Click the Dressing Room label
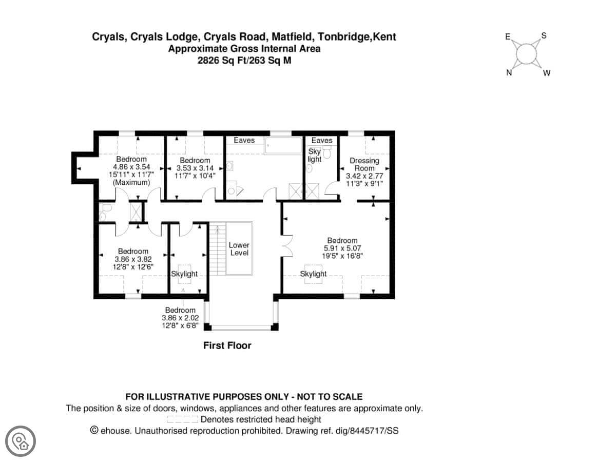pyautogui.click(x=364, y=164)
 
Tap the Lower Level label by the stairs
pyautogui.click(x=239, y=249)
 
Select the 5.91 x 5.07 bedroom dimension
pyautogui.click(x=342, y=248)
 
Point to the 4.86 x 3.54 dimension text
pyautogui.click(x=131, y=167)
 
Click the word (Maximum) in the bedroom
pyautogui.click(x=131, y=183)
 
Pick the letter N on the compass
pyautogui.click(x=509, y=73)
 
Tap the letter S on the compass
pyautogui.click(x=544, y=35)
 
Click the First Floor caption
pyautogui.click(x=227, y=345)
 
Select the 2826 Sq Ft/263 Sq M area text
pyautogui.click(x=244, y=60)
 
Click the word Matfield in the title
pyautogui.click(x=292, y=37)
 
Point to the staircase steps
pyautogui.click(x=218, y=248)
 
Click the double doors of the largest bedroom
pyautogui.click(x=287, y=246)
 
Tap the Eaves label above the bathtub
pyautogui.click(x=244, y=140)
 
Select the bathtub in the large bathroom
pyautogui.click(x=283, y=146)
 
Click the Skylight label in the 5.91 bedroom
pyautogui.click(x=313, y=274)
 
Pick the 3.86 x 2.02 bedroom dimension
pyautogui.click(x=180, y=318)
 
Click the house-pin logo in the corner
pyautogui.click(x=21, y=441)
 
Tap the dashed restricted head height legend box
pyautogui.click(x=182, y=419)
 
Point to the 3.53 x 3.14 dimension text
pyautogui.click(x=195, y=168)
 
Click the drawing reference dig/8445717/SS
pyautogui.click(x=367, y=431)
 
